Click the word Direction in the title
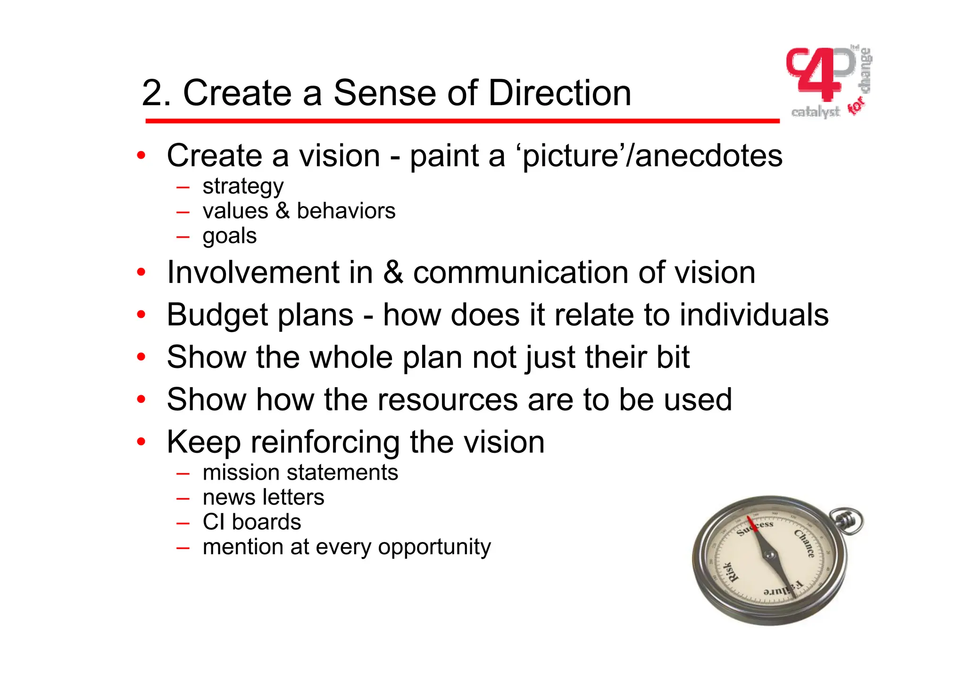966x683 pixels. point(559,93)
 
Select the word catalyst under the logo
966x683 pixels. point(816,112)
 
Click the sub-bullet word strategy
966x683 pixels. point(243,187)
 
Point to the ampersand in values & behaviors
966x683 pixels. point(283,211)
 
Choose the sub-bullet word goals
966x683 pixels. point(230,236)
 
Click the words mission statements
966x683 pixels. point(300,473)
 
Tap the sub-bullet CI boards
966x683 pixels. point(251,522)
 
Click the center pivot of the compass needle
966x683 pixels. point(770,557)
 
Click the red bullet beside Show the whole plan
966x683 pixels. point(141,357)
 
